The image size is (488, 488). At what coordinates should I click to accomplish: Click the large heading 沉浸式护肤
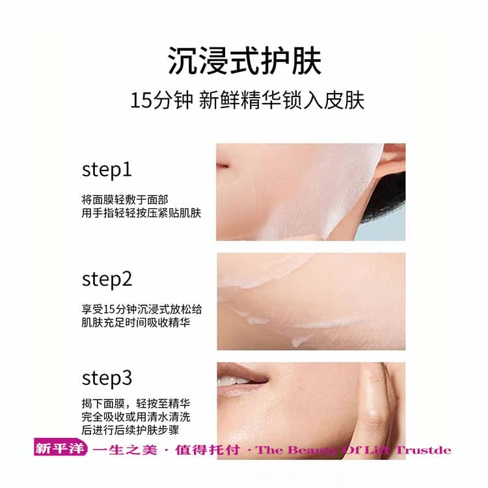tap(244, 61)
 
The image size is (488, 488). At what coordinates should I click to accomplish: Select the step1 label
tap(107, 170)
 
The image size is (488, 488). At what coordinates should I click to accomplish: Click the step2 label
tap(107, 279)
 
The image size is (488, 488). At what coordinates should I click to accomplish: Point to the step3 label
tap(107, 379)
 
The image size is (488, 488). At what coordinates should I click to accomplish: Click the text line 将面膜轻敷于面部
tap(125, 200)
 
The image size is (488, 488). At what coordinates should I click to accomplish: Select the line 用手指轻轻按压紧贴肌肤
tap(141, 213)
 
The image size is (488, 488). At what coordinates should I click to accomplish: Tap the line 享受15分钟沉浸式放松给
tap(142, 309)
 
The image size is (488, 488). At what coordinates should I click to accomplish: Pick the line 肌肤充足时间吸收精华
tap(136, 323)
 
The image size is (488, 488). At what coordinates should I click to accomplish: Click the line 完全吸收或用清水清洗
tap(136, 416)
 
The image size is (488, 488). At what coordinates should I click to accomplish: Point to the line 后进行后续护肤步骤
tap(130, 430)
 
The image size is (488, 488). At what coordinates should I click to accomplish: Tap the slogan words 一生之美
tap(125, 450)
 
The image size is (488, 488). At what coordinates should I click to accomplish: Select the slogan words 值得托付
tap(208, 450)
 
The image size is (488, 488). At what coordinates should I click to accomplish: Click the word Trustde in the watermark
tap(423, 450)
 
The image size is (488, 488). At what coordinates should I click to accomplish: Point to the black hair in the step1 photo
tap(388, 197)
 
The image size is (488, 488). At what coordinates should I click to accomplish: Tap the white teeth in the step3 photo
tap(230, 381)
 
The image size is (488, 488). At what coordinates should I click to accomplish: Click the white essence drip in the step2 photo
tap(297, 341)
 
